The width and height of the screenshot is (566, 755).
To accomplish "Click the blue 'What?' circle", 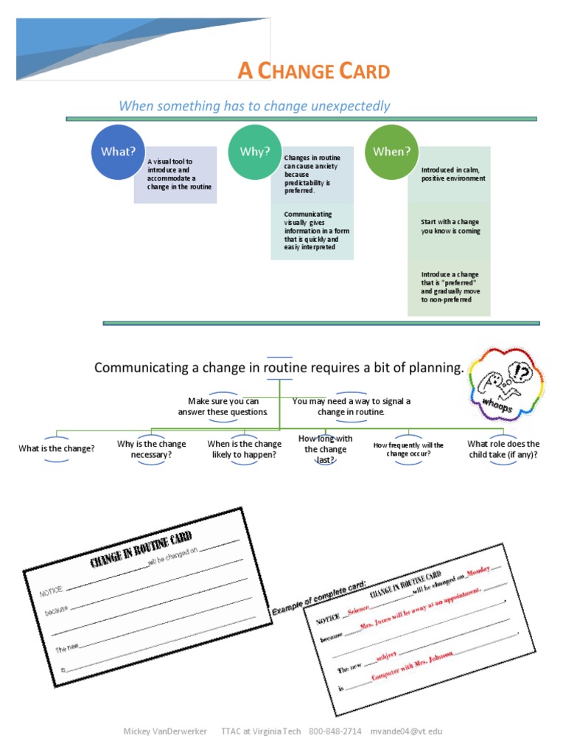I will [x=118, y=153].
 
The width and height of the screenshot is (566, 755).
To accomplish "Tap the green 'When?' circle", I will [x=391, y=153].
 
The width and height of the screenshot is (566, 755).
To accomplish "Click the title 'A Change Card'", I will [x=313, y=72].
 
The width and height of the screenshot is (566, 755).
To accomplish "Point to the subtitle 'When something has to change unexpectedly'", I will [x=254, y=106].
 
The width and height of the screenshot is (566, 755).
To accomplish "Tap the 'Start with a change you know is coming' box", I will [x=450, y=226].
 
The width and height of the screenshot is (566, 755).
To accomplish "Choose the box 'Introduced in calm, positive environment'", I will [x=453, y=174].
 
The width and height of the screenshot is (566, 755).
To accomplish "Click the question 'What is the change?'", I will [x=57, y=448].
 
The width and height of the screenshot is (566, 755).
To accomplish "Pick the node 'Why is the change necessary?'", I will [x=151, y=449].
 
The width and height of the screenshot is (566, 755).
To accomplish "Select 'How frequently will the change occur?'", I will [x=408, y=449].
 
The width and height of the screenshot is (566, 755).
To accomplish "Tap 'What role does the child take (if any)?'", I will [x=503, y=449].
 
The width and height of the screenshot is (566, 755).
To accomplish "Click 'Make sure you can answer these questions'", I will [x=223, y=406].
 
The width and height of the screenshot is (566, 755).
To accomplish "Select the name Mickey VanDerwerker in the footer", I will [x=165, y=731].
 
